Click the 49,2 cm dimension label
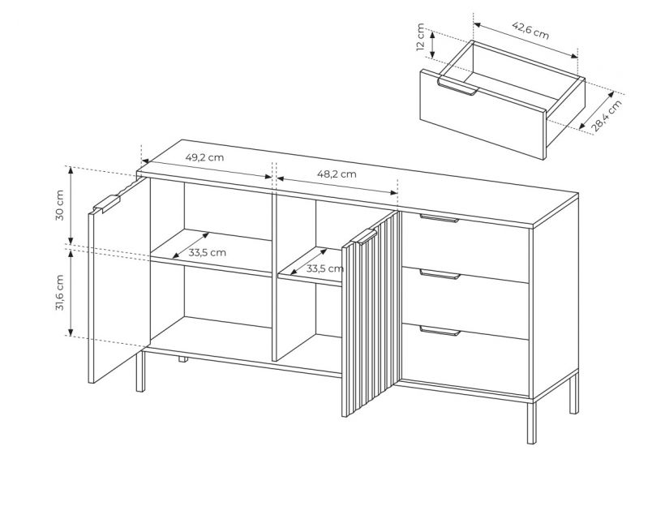(204, 157)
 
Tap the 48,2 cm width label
(337, 174)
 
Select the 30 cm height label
(59, 205)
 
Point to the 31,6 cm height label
(59, 293)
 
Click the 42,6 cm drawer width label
(530, 30)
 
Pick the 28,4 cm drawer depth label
(607, 115)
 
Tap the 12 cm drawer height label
(420, 37)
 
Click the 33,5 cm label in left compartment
(208, 253)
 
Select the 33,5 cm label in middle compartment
(325, 268)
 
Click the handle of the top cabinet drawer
(440, 218)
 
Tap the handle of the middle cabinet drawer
(440, 274)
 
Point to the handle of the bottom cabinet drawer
(440, 331)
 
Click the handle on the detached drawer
(458, 87)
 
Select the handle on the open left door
(108, 203)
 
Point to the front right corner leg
(531, 422)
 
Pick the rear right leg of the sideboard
(573, 393)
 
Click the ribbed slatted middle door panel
(371, 314)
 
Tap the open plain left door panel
(119, 281)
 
